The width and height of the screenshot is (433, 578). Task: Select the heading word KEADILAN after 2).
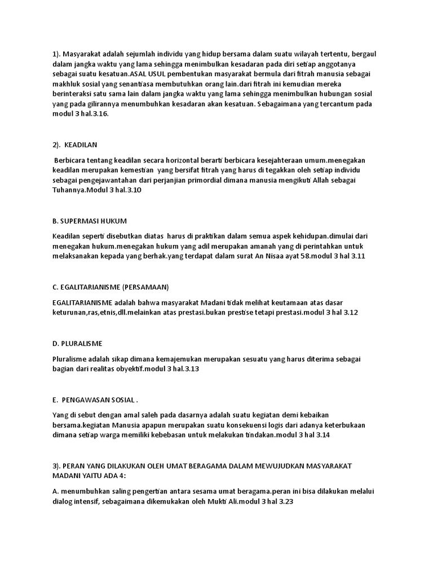(x=81, y=145)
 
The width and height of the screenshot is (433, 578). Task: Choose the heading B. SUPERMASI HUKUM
(x=89, y=220)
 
